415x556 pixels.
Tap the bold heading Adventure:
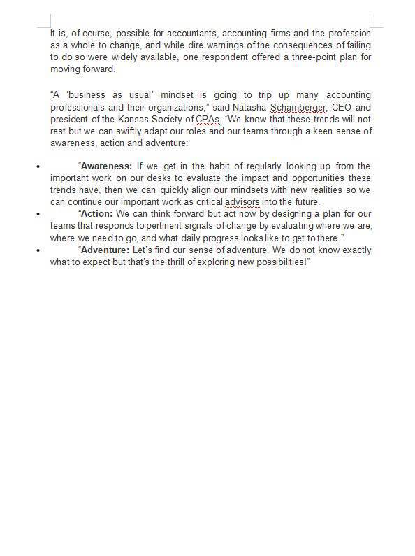[x=103, y=250]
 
